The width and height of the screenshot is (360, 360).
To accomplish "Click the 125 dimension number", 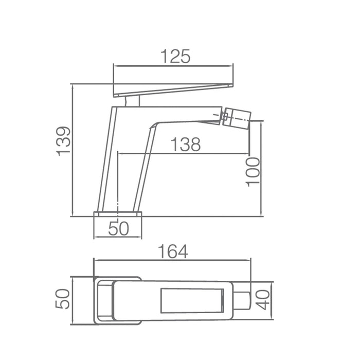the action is (176, 56).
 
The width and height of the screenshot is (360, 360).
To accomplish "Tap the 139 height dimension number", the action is (63, 141).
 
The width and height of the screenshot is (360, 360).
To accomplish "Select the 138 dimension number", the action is (186, 145).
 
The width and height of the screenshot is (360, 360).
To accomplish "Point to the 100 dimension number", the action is (253, 172).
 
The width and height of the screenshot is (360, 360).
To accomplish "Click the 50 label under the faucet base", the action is (118, 228).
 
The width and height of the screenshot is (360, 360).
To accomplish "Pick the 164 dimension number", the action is (173, 251).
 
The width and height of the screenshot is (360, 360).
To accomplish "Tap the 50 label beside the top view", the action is (62, 298).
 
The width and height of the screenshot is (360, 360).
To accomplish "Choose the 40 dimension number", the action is (263, 300).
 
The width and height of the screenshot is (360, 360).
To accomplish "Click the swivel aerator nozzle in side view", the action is (237, 118).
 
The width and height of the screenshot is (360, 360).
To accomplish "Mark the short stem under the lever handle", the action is (132, 101).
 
